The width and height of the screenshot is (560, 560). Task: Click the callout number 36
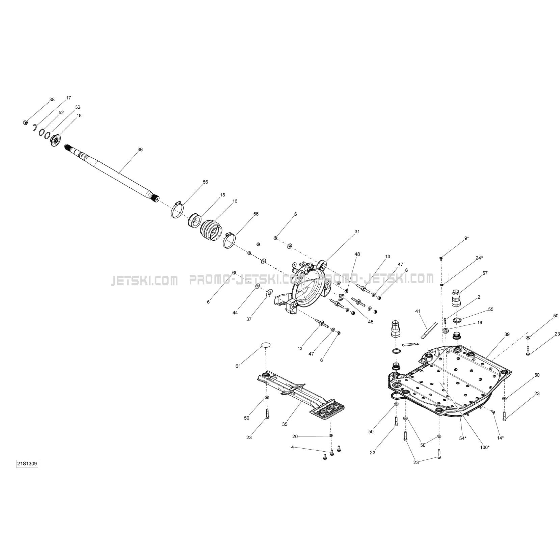pos(140,150)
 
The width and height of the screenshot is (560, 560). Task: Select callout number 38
pos(52,100)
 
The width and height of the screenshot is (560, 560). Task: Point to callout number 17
pos(69,98)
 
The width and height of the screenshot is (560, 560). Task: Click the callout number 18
pos(79,115)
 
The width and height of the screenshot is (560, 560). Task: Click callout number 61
pos(238,366)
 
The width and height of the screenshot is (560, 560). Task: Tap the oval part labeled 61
pos(266,345)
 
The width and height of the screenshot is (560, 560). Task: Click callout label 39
pos(507,334)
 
